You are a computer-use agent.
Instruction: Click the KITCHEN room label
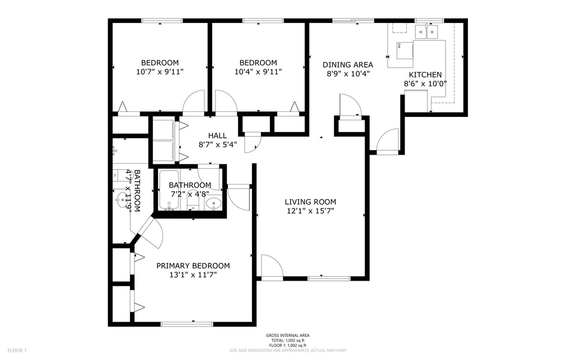[x=425, y=75]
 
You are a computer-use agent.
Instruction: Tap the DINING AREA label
[x=347, y=65]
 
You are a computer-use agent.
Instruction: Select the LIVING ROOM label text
[x=310, y=202]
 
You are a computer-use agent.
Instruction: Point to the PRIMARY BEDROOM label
[x=193, y=266]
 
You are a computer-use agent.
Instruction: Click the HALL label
[x=217, y=136]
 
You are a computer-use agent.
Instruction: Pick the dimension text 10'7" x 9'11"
[x=160, y=71]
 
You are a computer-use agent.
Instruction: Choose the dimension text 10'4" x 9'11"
[x=258, y=71]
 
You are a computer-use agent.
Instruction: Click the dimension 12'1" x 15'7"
[x=310, y=211]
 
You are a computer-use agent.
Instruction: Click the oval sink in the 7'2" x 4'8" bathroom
[x=213, y=204]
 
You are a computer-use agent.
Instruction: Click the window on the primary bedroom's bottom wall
[x=187, y=324]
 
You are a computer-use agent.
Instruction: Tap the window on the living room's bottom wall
[x=329, y=278]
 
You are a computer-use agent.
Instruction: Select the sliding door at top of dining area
[x=353, y=21]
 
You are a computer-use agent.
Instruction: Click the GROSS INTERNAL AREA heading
[x=287, y=336]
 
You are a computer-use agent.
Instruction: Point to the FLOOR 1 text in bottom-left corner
[x=17, y=350]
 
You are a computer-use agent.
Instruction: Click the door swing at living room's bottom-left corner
[x=271, y=267]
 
